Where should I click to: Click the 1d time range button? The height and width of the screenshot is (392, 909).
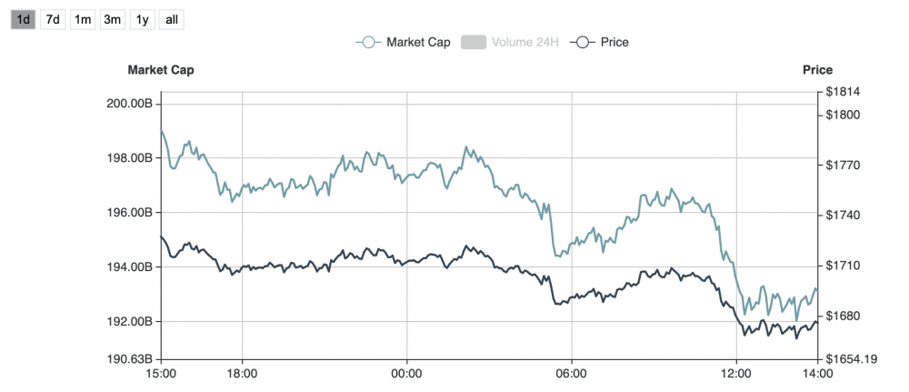point(23,19)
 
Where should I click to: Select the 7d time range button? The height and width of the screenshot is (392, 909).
point(53,19)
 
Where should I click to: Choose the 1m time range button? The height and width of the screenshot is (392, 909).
point(83,19)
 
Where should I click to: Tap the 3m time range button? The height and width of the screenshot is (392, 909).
point(113,19)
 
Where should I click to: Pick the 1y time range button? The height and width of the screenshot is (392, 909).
point(141,19)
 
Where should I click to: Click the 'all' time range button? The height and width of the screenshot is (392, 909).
point(170,19)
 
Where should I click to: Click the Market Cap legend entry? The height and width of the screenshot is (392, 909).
point(401,42)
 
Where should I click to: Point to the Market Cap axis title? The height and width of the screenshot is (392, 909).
point(160,70)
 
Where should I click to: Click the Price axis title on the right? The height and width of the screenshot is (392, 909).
point(817,70)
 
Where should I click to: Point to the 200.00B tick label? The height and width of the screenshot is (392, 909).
point(128,104)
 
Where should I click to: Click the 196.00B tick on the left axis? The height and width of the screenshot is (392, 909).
point(128,213)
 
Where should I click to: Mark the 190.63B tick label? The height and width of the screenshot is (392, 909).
point(128,358)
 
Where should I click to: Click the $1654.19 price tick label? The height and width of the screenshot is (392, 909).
point(851,359)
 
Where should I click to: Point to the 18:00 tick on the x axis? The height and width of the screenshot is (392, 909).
point(242,373)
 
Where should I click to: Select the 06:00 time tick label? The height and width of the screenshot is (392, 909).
point(571,373)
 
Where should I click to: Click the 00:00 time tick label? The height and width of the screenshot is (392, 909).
point(406,373)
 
